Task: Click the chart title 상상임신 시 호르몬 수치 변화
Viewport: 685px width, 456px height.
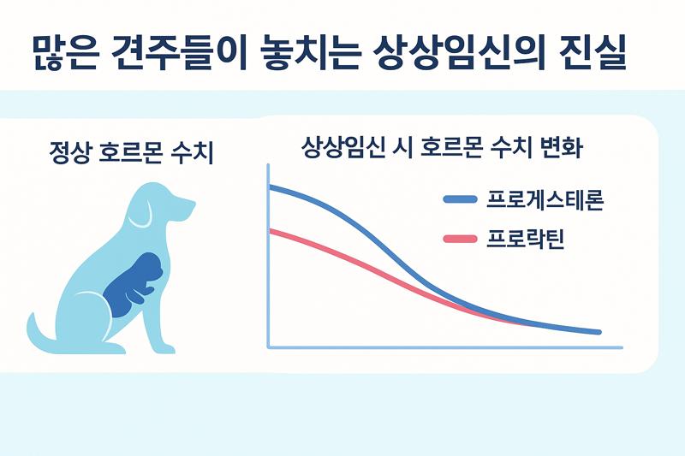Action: point(443,148)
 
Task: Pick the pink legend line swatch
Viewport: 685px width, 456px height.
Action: point(460,239)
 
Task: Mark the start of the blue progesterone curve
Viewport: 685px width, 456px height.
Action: point(271,187)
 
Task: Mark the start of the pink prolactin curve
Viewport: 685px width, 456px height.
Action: point(271,230)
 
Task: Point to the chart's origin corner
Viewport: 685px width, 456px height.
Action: point(269,346)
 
